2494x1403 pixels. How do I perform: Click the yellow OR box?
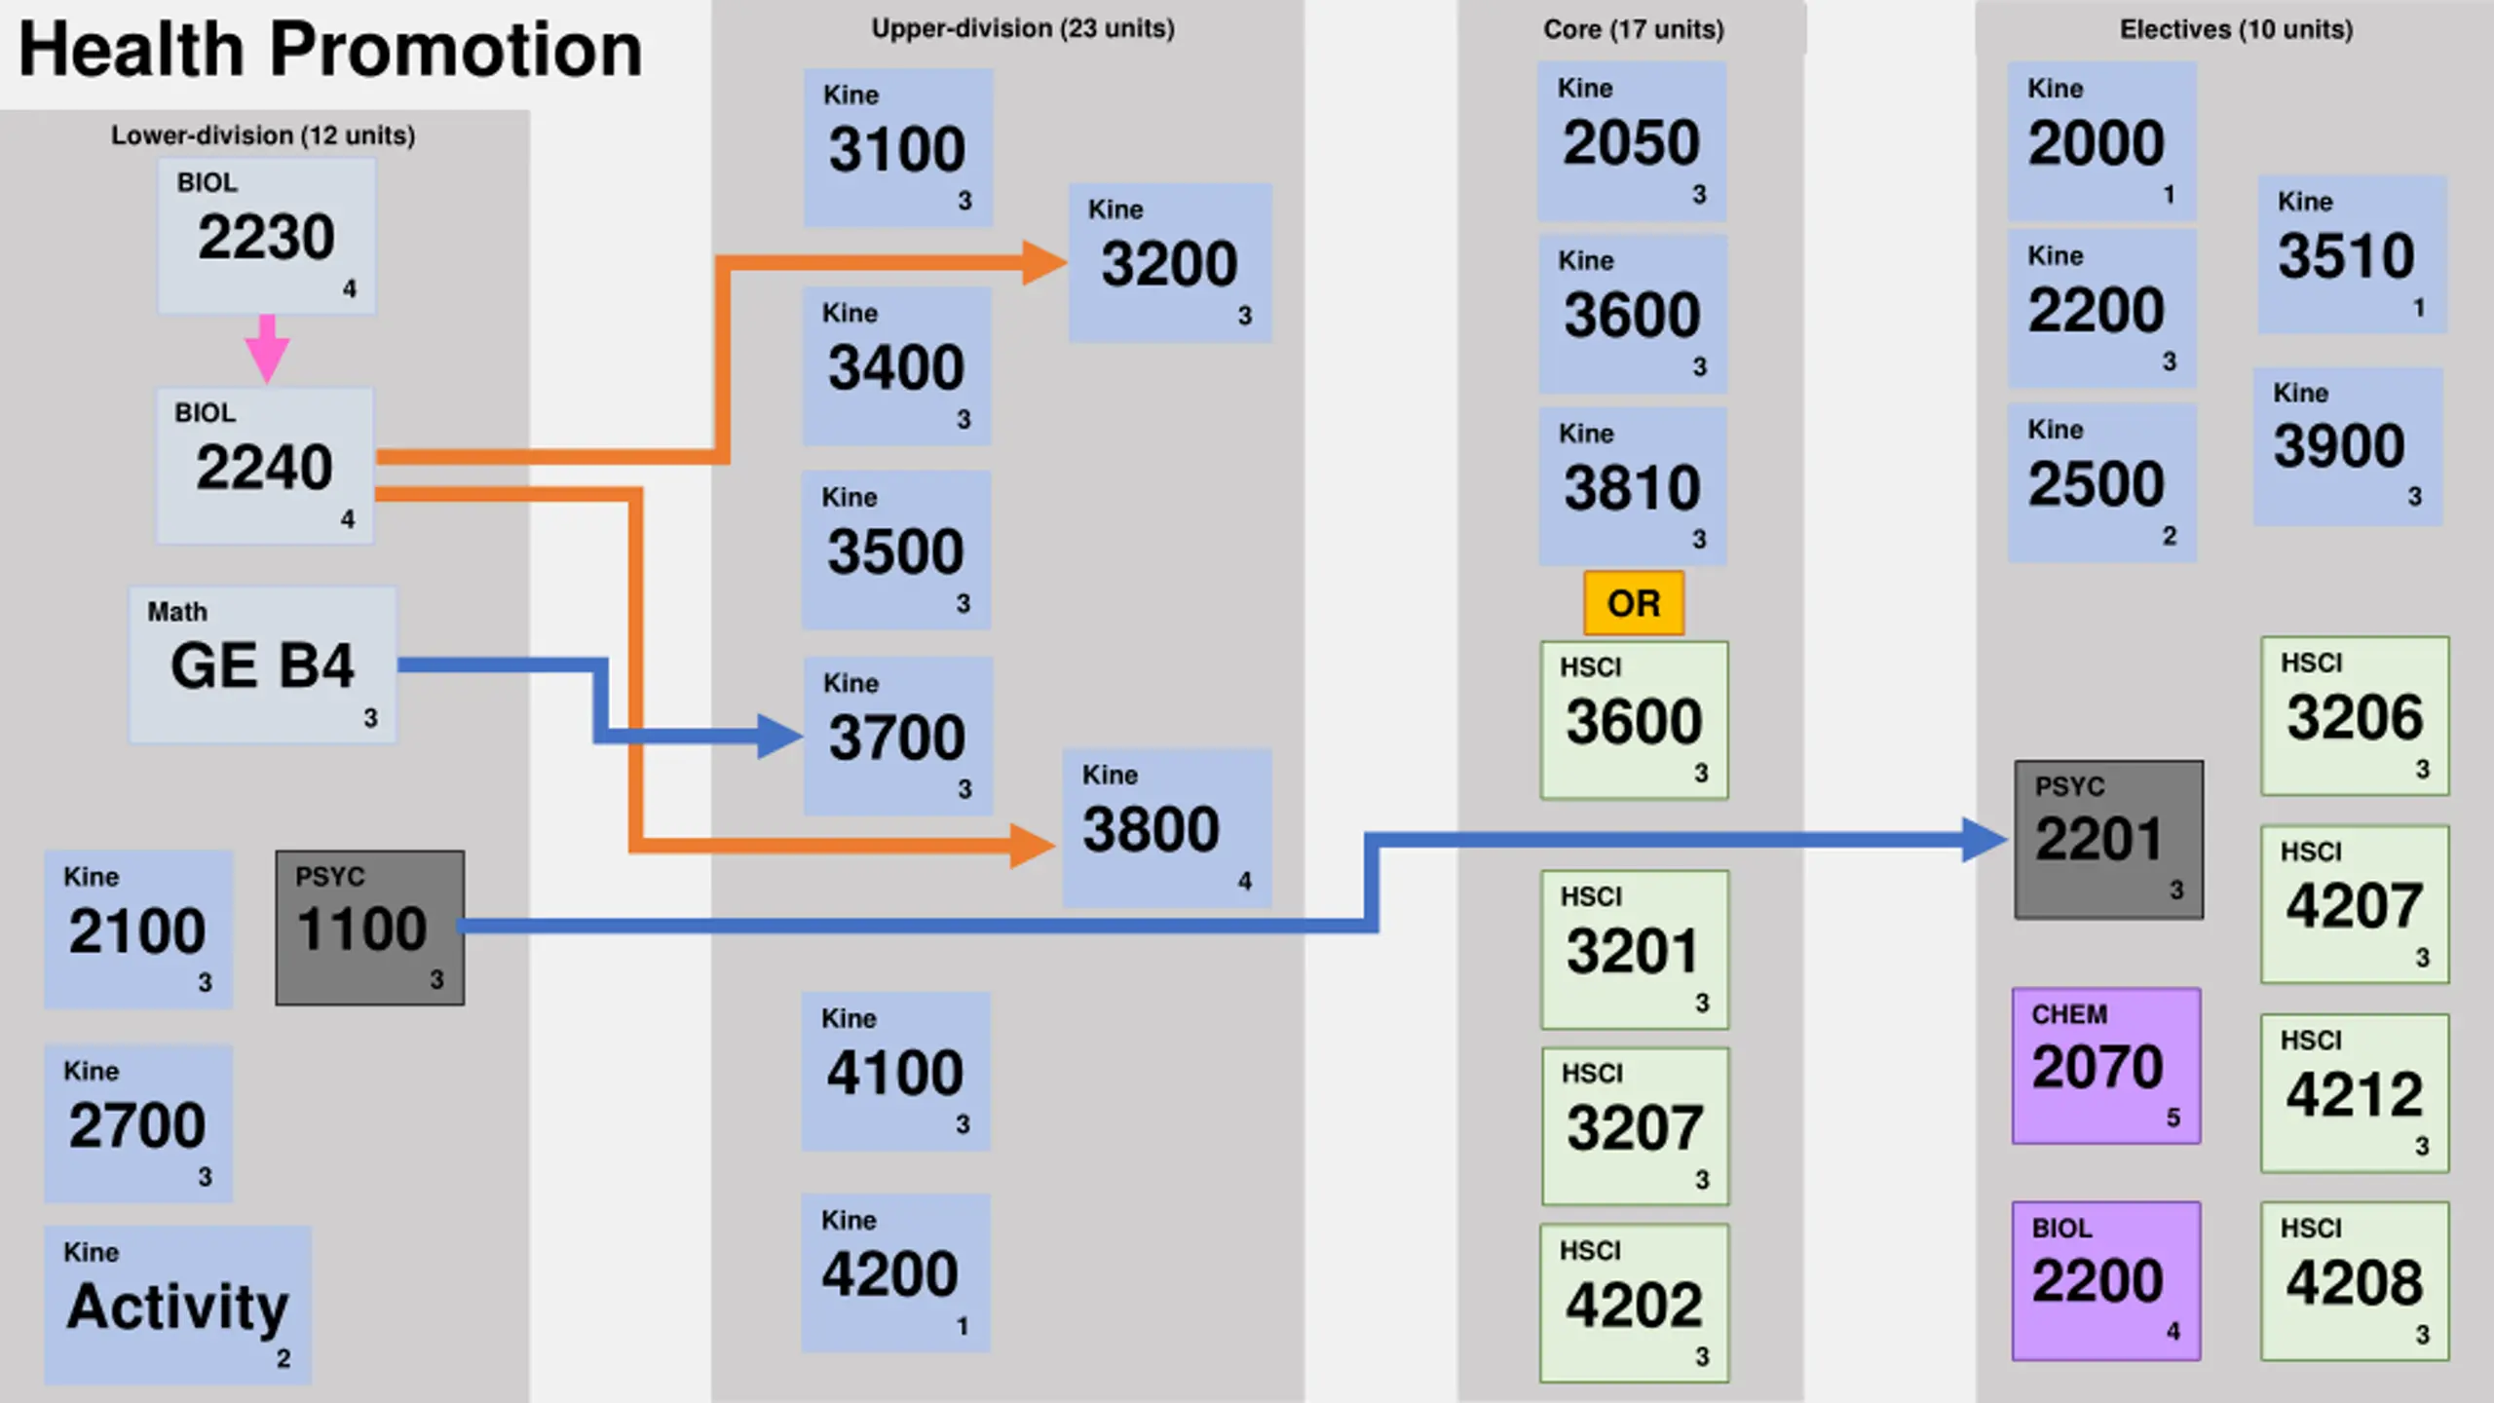tap(1634, 603)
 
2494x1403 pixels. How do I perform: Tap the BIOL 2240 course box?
tap(265, 466)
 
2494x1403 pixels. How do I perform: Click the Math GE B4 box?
tap(263, 664)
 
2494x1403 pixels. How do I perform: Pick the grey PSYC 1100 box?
tap(369, 928)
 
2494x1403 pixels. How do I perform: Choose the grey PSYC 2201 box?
tap(2108, 840)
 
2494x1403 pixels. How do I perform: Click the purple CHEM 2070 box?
tap(2106, 1066)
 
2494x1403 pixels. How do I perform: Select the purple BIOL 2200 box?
tap(2106, 1280)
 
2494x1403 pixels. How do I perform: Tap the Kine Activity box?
tap(177, 1305)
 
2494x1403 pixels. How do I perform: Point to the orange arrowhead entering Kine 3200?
tap(1044, 263)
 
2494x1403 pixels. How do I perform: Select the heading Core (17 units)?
tap(1633, 29)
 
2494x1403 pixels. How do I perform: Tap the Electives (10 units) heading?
tap(2236, 29)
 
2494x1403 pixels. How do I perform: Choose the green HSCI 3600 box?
tap(1634, 720)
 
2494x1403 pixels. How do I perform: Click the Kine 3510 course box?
tap(2352, 255)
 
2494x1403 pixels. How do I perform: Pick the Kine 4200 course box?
tap(895, 1272)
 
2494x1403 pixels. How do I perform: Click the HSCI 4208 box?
tap(2354, 1280)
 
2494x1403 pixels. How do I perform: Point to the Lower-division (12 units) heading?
tap(263, 134)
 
